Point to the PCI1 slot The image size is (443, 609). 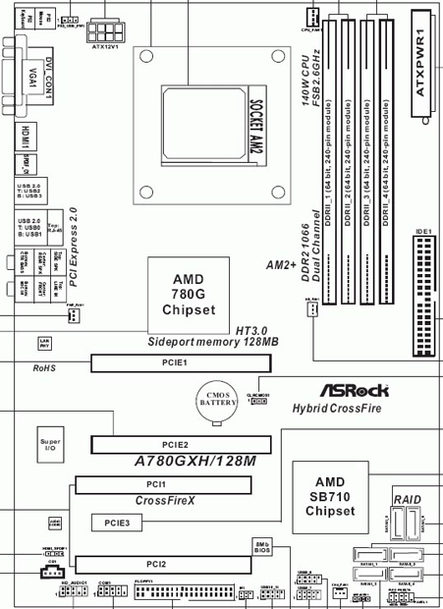pyautogui.click(x=163, y=484)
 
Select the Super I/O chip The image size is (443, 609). pyautogui.click(x=50, y=446)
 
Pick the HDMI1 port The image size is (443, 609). pyautogui.click(x=27, y=137)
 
